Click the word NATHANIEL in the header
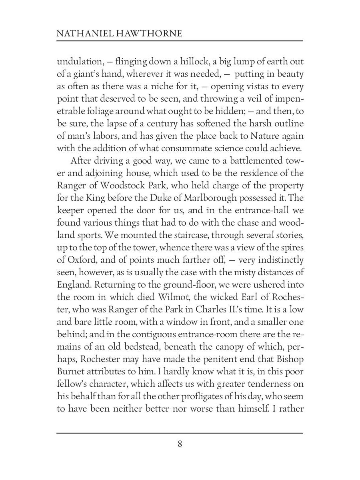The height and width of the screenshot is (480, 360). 81,34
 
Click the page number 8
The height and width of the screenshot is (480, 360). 180,444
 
